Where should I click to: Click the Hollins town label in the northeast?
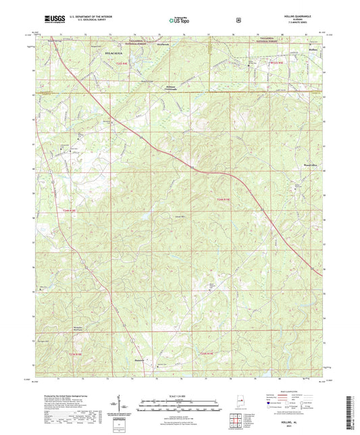(x=311, y=49)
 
